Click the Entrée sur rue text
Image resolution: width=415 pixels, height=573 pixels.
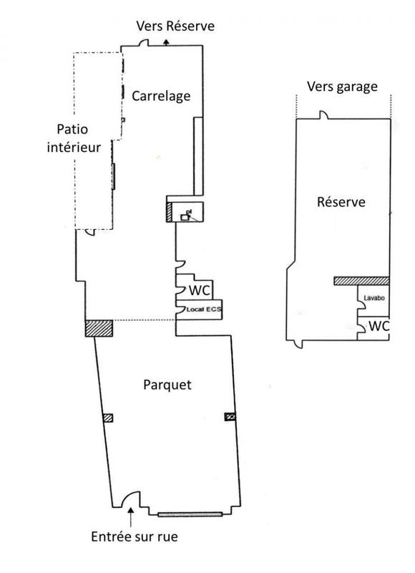(x=135, y=536)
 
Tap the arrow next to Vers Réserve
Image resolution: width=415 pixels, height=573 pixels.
(x=166, y=42)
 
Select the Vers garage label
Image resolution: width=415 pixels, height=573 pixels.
(x=341, y=87)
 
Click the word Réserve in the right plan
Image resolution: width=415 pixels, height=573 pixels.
(x=341, y=202)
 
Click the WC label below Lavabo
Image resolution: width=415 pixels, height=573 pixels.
(x=379, y=326)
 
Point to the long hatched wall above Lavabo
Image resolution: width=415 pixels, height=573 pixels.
(x=361, y=281)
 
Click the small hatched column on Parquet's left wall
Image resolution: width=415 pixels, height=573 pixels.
(x=108, y=418)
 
